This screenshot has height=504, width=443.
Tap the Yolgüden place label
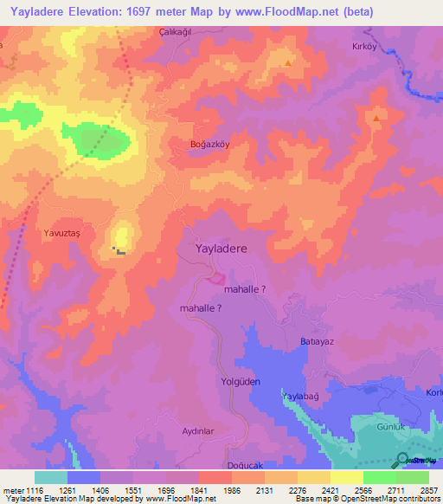pyautogui.click(x=241, y=381)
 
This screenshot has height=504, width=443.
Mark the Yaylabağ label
pyautogui.click(x=300, y=396)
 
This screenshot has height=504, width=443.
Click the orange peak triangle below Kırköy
pyautogui.click(x=377, y=116)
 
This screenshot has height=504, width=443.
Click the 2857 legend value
pyautogui.click(x=428, y=489)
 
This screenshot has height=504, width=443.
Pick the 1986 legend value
pyautogui.click(x=231, y=489)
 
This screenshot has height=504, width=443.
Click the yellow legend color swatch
pyautogui.click(x=346, y=477)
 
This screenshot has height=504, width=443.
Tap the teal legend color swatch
pyautogui.click(x=51, y=477)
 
